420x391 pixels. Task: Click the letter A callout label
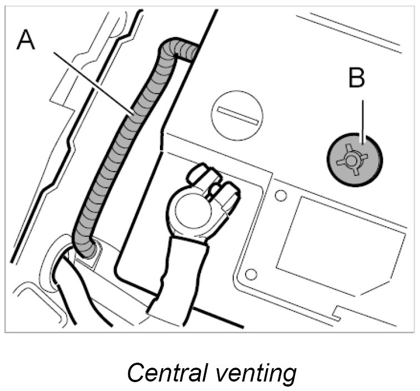click(25, 40)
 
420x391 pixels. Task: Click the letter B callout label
click(357, 78)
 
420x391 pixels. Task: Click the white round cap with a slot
click(237, 115)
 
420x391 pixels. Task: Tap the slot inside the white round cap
click(237, 114)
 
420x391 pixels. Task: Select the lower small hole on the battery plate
click(251, 274)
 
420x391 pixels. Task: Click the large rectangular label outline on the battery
click(339, 239)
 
